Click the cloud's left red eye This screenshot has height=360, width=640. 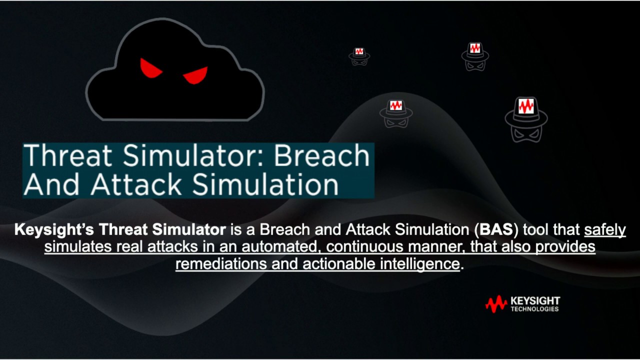[x=150, y=68]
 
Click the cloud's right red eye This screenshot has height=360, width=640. [x=196, y=75]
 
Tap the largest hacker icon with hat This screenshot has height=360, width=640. [x=526, y=118]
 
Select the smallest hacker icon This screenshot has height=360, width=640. [x=359, y=56]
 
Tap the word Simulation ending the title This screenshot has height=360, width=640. [x=265, y=184]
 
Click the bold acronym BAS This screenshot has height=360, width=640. [x=495, y=230]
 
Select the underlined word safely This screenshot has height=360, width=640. [x=605, y=230]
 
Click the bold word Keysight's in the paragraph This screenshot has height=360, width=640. [x=54, y=230]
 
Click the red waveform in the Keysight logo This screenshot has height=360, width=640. [x=496, y=303]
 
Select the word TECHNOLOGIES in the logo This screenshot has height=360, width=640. [x=534, y=309]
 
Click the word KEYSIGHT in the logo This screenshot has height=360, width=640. [x=535, y=301]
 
